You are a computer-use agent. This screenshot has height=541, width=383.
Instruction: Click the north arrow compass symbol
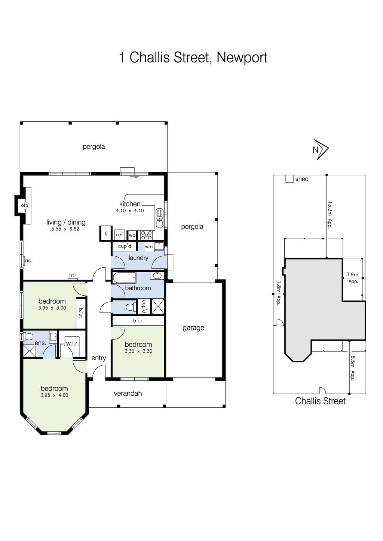[x=321, y=150]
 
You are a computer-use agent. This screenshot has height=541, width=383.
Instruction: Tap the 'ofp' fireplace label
[x=25, y=205]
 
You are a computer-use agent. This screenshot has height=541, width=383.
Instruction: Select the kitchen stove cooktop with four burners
[x=146, y=235]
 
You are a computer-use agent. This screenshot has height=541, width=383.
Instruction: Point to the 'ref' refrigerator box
[x=119, y=235]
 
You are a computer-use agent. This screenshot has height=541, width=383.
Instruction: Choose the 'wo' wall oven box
[x=132, y=235]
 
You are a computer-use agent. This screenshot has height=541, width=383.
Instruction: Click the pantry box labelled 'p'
[x=106, y=233]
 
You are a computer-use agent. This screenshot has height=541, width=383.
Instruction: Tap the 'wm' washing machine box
[x=148, y=246]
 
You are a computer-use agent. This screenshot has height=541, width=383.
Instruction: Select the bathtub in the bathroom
[x=124, y=278]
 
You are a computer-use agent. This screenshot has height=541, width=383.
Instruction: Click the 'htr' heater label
[x=73, y=276]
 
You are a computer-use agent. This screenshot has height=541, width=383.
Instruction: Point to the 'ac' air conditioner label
[x=28, y=261]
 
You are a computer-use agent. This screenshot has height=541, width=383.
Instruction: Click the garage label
[x=193, y=328]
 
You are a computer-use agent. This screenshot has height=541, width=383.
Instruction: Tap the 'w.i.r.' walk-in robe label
[x=72, y=343]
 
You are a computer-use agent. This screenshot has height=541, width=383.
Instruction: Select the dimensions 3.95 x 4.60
[x=54, y=395]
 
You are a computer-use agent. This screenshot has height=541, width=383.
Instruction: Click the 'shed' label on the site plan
[x=302, y=179]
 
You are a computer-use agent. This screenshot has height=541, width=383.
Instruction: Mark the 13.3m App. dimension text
[x=330, y=215]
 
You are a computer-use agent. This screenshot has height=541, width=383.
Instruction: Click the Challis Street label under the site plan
[x=320, y=401]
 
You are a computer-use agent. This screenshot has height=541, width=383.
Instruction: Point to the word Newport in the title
[x=242, y=57]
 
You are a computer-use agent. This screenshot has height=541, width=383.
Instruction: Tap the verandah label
[x=128, y=393]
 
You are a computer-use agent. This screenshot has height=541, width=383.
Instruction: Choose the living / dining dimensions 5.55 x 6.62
[x=65, y=229]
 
